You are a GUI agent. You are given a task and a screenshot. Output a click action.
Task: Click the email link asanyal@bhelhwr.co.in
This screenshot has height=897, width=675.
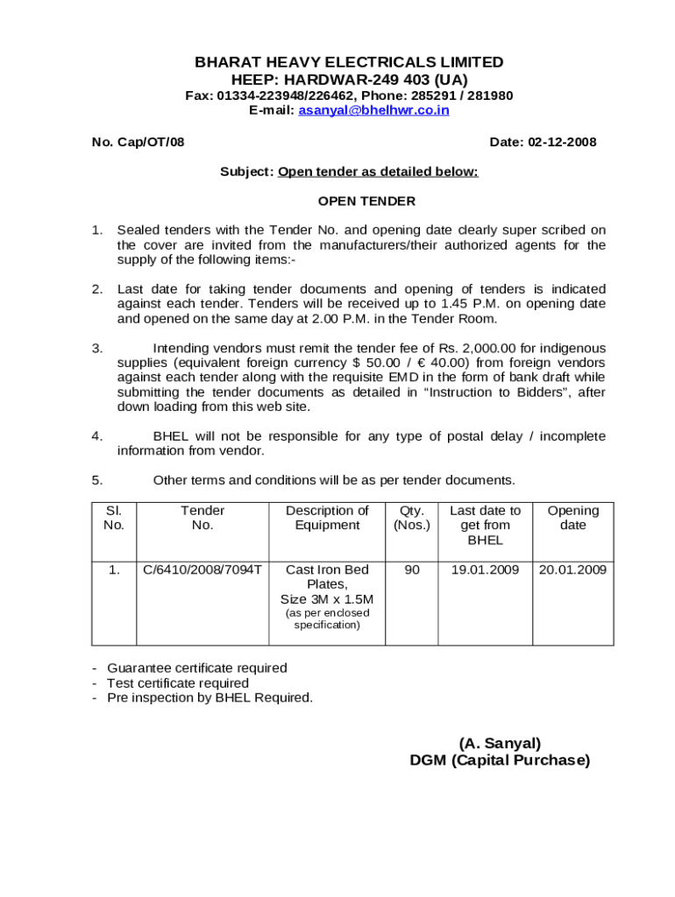[373, 110]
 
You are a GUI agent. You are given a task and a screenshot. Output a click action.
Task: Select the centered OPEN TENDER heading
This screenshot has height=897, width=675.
[366, 201]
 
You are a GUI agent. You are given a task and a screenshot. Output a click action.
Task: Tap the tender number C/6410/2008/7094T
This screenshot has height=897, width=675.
[202, 569]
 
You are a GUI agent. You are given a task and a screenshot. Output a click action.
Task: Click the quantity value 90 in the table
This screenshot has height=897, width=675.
[411, 569]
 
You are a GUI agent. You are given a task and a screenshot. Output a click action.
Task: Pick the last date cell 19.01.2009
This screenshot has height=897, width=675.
[485, 569]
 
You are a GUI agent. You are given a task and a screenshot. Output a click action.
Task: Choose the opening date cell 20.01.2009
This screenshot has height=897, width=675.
[572, 569]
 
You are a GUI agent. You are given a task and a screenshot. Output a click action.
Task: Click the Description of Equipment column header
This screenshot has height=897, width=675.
[327, 518]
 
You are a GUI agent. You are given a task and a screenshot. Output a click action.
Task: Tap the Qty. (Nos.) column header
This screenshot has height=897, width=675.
[411, 518]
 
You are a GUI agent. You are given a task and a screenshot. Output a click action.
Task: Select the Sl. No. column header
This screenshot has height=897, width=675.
[114, 518]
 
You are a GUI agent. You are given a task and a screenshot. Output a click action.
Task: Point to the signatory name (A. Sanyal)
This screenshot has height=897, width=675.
[500, 743]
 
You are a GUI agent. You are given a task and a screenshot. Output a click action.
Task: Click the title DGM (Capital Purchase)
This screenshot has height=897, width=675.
[500, 760]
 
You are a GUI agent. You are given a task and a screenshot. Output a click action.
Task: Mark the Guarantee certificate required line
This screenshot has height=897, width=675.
[196, 667]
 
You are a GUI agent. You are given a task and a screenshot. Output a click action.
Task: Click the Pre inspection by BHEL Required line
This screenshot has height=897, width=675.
[210, 697]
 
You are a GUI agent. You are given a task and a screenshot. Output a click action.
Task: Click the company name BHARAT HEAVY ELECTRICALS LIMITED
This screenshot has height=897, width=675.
[349, 62]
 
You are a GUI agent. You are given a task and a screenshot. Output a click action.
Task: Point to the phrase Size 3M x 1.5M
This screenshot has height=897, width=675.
[327, 599]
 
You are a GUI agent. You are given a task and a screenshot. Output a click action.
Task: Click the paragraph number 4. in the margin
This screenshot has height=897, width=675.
[97, 435]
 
